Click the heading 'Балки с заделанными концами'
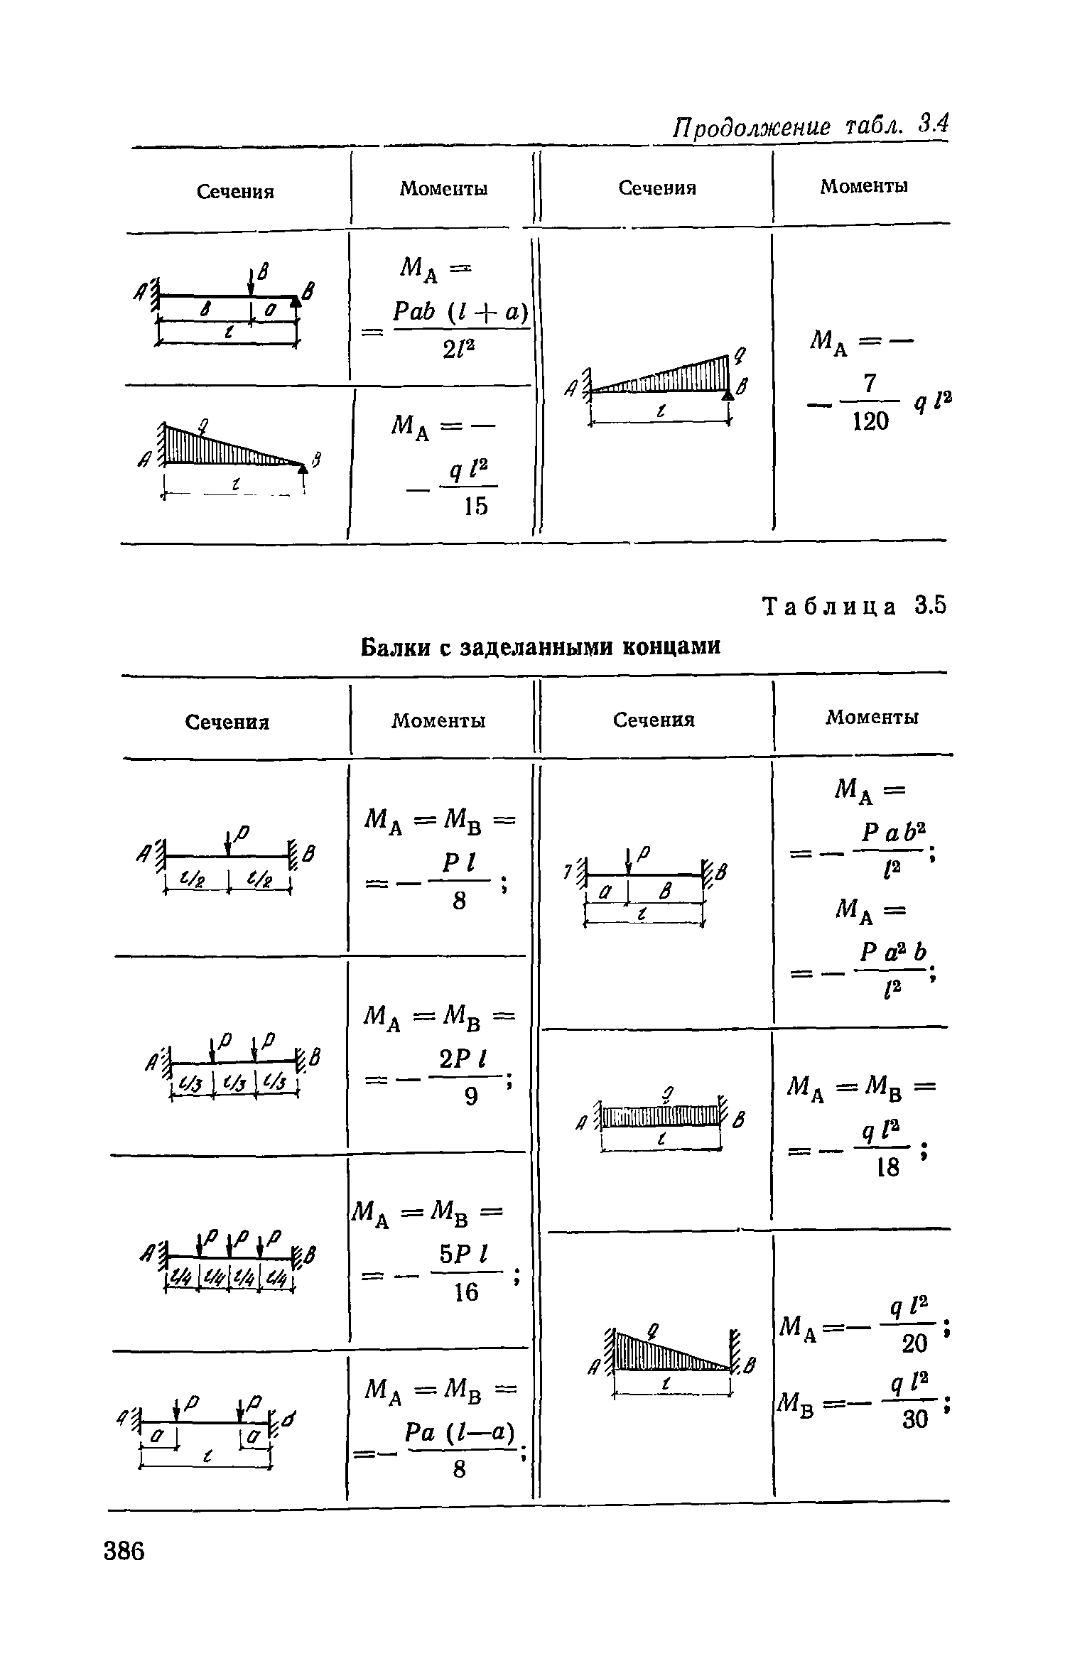pos(541,646)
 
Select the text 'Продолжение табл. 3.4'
pos(811,126)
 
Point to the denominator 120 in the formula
pos(870,421)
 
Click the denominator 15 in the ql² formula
pos(475,506)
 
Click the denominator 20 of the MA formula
pos(914,1343)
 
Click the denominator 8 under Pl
pos(460,901)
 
